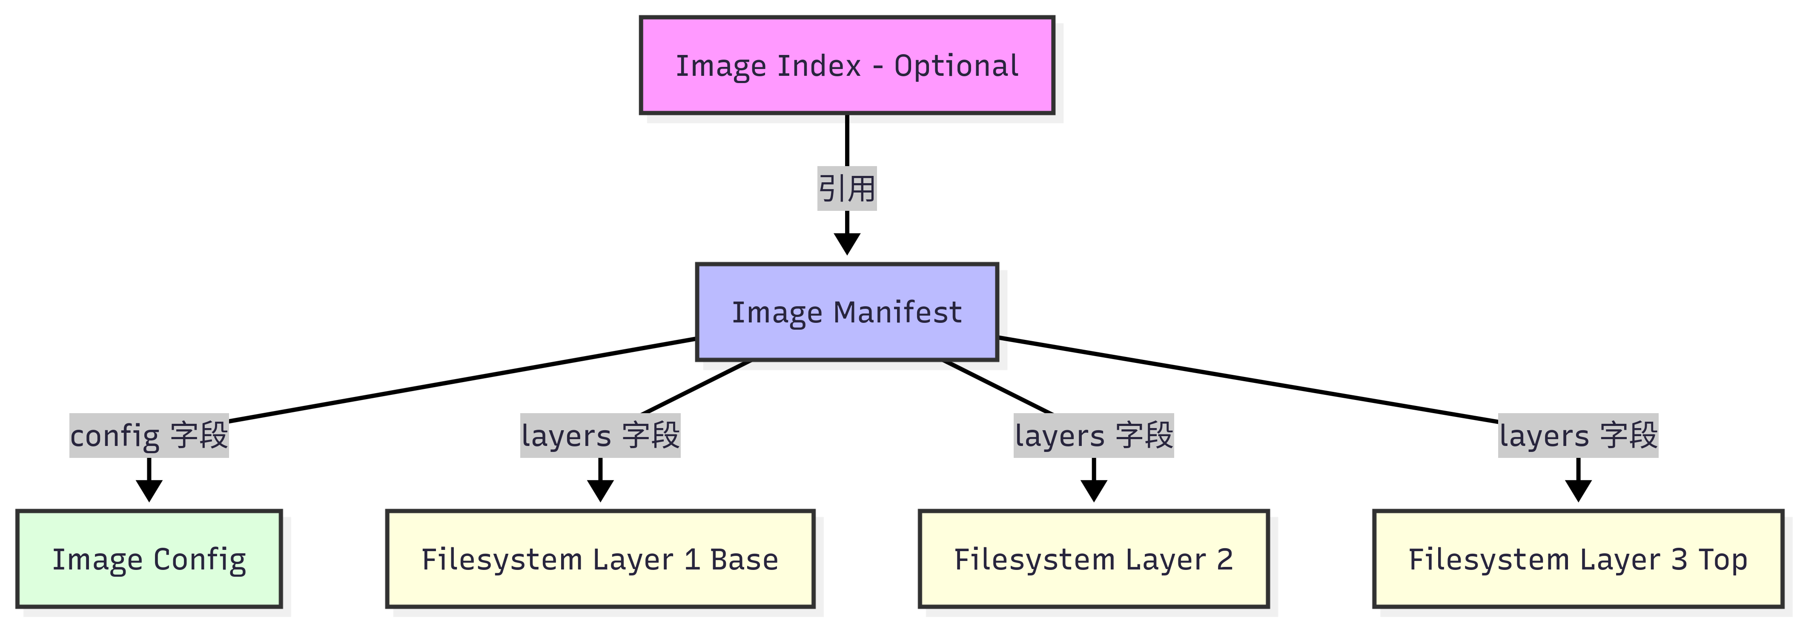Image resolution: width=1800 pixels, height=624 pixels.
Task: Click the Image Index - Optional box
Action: click(x=847, y=65)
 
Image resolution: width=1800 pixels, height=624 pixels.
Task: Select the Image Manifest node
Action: click(x=847, y=312)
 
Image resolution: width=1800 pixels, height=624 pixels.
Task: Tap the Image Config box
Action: click(x=149, y=559)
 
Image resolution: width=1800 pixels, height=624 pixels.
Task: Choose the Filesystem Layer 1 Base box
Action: click(x=600, y=559)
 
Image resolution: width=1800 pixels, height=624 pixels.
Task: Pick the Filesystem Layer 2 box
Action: click(x=1094, y=559)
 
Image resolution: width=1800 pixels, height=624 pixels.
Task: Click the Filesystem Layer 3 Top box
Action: click(x=1578, y=559)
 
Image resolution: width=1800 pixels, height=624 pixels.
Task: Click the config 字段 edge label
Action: click(x=149, y=435)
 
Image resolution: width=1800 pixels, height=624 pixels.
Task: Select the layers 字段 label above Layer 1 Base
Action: click(x=600, y=435)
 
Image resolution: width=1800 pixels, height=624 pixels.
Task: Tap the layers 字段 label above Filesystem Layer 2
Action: click(x=1094, y=435)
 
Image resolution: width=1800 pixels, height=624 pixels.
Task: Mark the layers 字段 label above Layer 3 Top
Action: click(x=1578, y=435)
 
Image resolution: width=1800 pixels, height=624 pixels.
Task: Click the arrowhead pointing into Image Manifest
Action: click(x=847, y=244)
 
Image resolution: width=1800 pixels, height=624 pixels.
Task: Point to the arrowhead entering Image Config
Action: click(x=149, y=491)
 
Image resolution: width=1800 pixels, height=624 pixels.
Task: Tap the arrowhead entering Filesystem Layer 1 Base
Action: click(x=600, y=491)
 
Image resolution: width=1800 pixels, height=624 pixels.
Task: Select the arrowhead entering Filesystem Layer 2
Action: click(x=1094, y=491)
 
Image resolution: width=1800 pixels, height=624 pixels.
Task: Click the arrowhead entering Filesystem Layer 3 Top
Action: click(x=1578, y=491)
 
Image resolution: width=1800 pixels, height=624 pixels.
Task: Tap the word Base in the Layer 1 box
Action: click(x=744, y=560)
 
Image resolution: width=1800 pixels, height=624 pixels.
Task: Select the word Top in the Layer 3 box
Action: click(x=1723, y=560)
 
